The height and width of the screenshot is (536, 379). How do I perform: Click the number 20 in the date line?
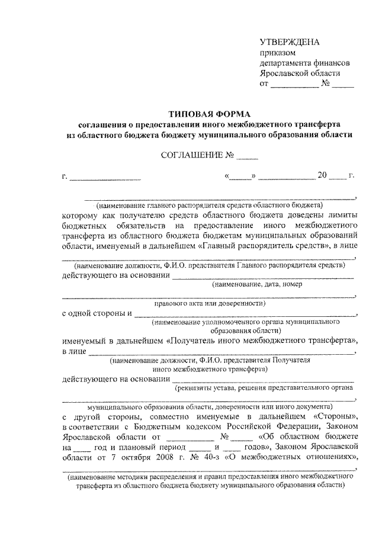click(x=322, y=175)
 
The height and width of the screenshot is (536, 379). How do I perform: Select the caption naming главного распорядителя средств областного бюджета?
click(x=210, y=205)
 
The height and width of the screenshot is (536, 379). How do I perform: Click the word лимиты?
click(x=340, y=215)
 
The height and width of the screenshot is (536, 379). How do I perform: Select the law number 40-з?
click(x=218, y=457)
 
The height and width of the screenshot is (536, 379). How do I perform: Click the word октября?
click(x=137, y=457)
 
